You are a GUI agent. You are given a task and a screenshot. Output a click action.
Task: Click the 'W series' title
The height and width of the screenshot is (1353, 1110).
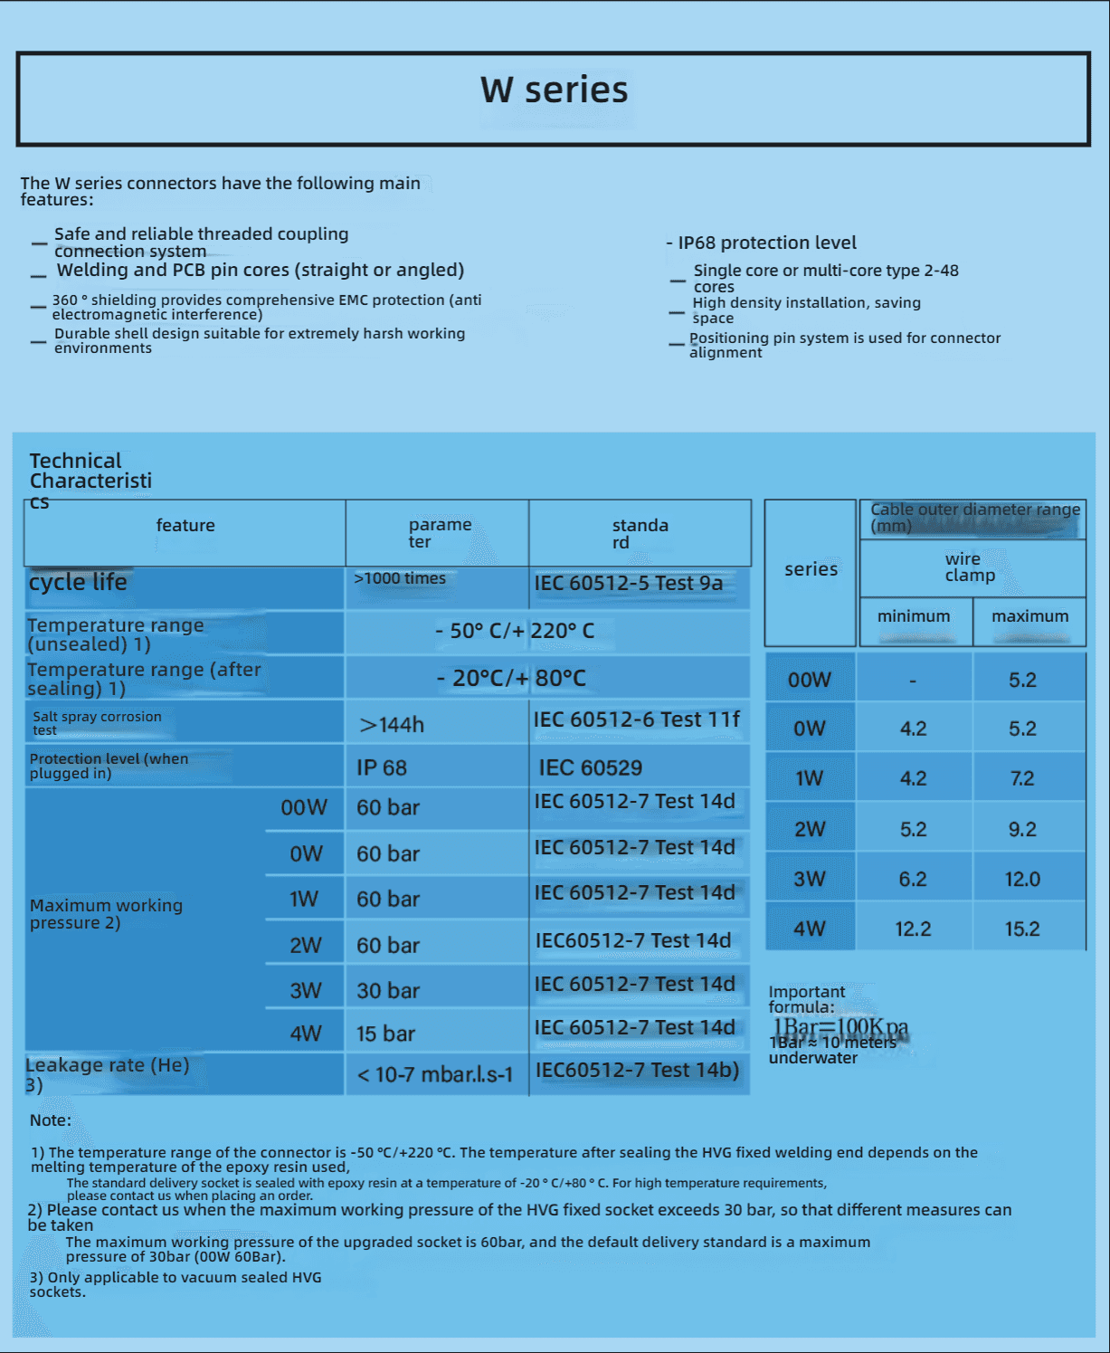554,91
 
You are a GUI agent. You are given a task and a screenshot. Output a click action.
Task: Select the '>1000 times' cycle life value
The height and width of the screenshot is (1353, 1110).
400,578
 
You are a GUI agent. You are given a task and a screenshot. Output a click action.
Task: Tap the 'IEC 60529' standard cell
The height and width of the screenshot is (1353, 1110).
591,768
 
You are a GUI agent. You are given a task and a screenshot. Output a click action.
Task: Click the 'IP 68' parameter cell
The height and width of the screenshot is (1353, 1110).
382,768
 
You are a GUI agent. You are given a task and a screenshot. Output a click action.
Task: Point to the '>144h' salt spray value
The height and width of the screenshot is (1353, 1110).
392,725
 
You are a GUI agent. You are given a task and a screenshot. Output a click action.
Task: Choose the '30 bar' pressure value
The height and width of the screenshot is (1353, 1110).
388,991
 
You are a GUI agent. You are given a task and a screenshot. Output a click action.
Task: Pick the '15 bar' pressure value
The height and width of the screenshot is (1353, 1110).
385,1034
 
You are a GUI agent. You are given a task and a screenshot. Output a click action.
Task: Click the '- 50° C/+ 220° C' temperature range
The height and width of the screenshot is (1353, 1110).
515,631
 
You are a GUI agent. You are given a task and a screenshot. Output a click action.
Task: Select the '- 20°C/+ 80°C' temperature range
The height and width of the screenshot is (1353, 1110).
511,678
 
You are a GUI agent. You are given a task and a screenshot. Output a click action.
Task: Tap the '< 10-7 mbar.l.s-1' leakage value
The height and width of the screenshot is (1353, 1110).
435,1075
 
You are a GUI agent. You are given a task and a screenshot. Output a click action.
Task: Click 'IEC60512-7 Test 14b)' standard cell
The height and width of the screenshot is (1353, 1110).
637,1071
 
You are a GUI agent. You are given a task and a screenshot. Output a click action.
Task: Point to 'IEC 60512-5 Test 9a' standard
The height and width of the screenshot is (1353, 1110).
629,584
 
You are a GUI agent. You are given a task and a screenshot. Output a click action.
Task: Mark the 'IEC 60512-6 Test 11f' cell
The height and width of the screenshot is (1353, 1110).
636,719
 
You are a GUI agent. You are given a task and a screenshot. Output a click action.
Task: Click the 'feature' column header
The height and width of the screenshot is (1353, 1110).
185,526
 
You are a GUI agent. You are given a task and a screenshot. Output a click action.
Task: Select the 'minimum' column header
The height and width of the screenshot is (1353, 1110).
914,616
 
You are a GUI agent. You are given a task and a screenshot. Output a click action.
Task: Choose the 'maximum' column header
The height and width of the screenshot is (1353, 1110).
1029,616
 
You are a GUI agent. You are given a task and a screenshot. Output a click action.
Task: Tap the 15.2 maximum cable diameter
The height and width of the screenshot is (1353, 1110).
1022,929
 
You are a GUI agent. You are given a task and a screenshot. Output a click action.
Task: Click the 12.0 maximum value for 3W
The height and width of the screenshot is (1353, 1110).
1022,879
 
